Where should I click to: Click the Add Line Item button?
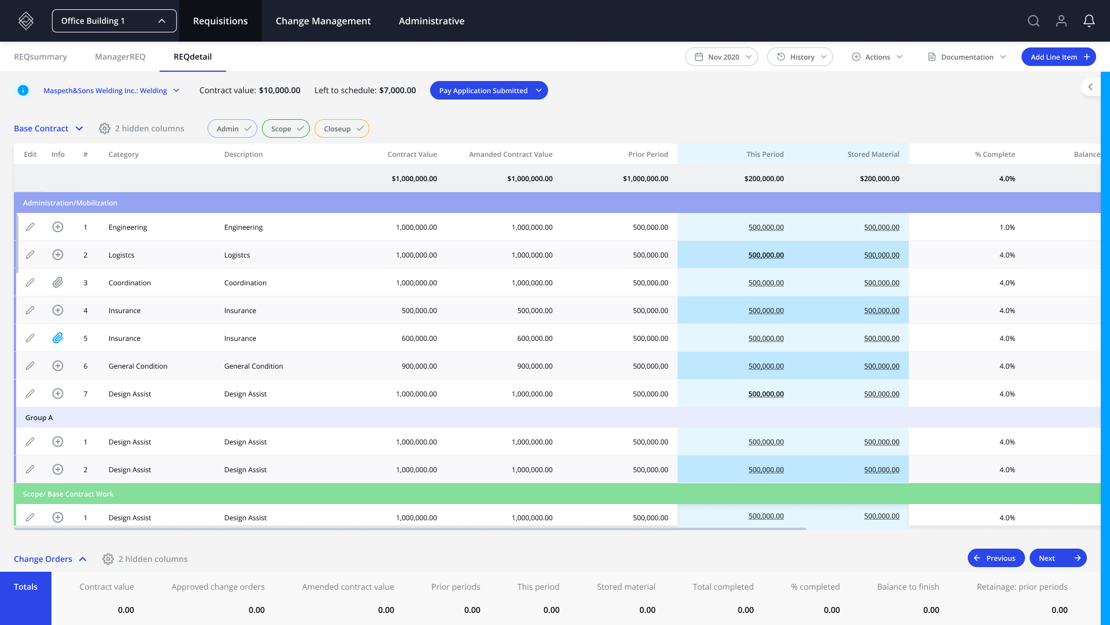tap(1058, 57)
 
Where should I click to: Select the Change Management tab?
tap(323, 21)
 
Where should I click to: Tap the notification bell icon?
tap(1089, 21)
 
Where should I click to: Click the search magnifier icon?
tap(1033, 21)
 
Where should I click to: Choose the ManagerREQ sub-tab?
tap(120, 57)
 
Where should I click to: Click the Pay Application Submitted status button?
tap(489, 90)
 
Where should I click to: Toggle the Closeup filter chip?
tap(342, 128)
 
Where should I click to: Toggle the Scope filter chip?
tap(286, 128)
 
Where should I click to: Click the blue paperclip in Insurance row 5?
tap(58, 338)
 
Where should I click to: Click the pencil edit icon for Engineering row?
tap(30, 227)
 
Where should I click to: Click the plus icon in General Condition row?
tap(58, 366)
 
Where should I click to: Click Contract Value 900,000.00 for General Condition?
tap(419, 366)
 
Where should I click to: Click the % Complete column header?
tap(994, 155)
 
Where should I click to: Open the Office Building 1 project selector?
tap(114, 21)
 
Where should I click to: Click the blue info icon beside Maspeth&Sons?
tap(23, 90)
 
